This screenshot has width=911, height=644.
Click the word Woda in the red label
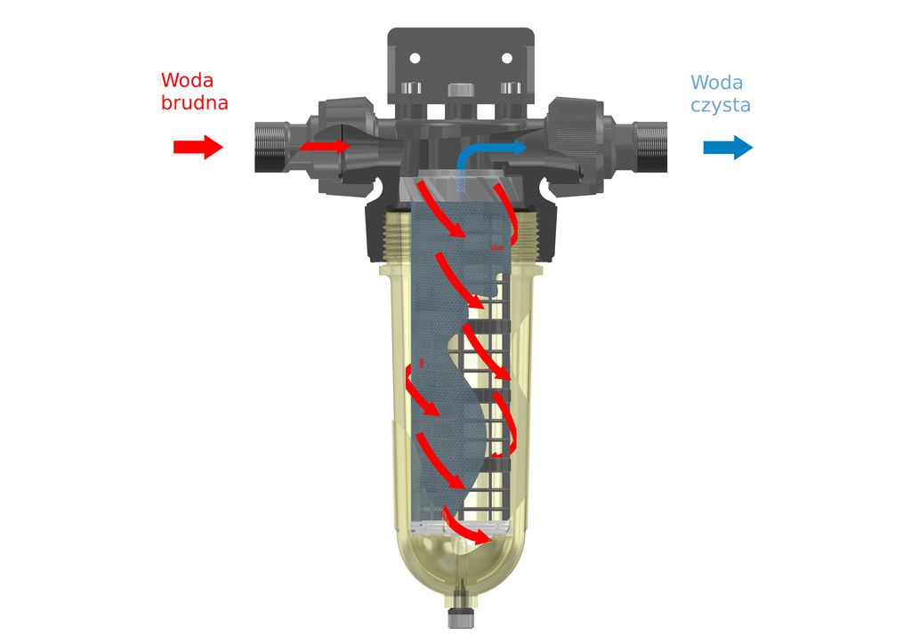point(187,79)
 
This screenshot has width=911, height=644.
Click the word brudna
point(195,102)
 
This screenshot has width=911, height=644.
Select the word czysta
point(721,106)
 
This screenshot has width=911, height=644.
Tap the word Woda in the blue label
point(716,83)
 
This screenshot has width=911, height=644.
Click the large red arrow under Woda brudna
point(198,147)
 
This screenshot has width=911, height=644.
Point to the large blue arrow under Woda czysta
point(728,147)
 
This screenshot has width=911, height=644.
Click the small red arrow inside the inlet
point(325,145)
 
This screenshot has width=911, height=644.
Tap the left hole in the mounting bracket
point(415,58)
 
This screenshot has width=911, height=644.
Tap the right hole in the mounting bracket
point(506,58)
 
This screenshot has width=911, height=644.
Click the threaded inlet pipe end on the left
point(270,147)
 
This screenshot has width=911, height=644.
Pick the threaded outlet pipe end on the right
point(651,147)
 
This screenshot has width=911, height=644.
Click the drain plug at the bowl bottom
point(461,613)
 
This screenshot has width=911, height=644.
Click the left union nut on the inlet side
point(347,147)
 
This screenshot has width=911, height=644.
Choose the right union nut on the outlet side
point(576,147)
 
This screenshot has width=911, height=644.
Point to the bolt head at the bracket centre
point(460,90)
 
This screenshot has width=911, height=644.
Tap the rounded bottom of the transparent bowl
point(461,567)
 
